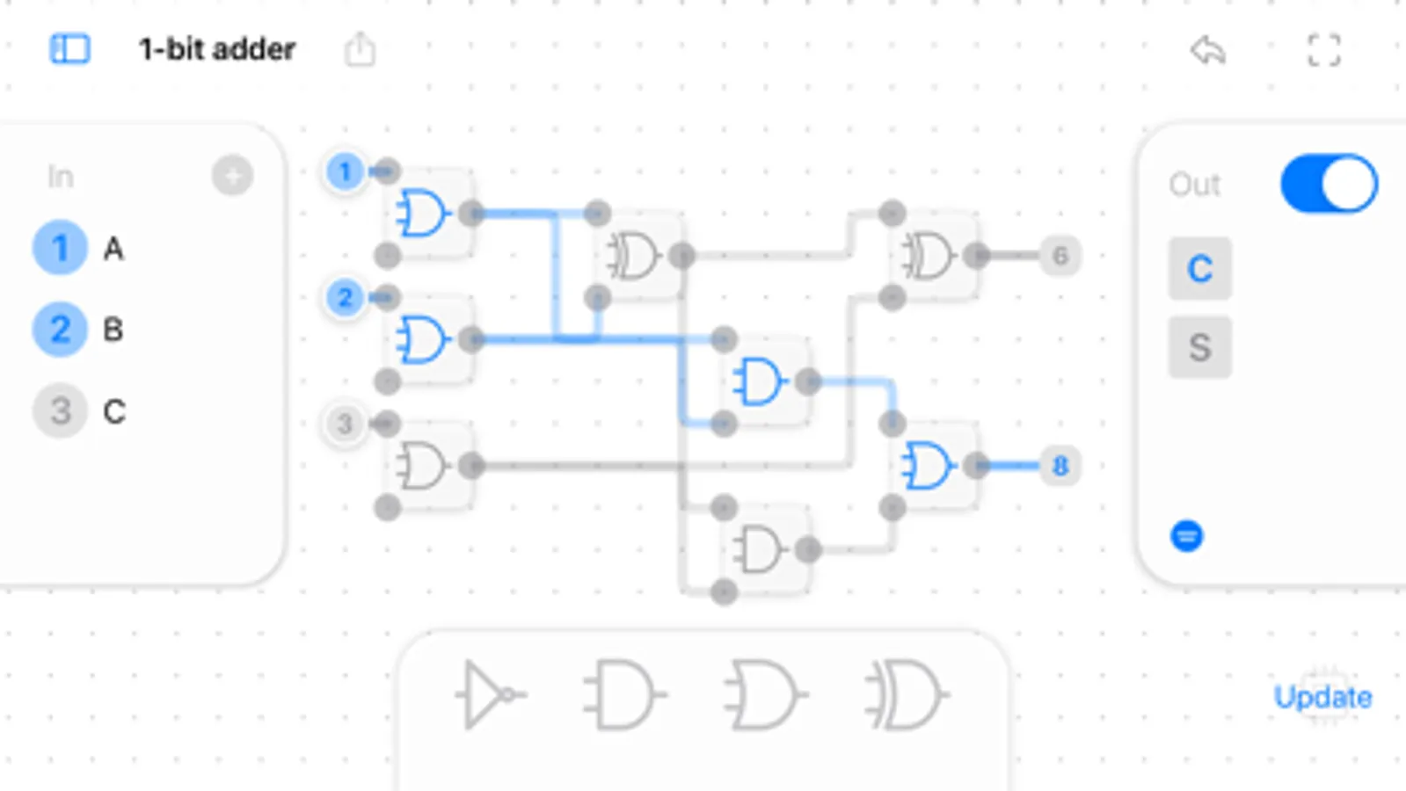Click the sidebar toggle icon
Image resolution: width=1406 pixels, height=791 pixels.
coord(69,49)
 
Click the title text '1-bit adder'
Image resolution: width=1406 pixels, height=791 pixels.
coord(216,49)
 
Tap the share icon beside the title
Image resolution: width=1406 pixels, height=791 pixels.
coord(359,49)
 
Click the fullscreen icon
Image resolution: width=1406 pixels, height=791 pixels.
coord(1323,50)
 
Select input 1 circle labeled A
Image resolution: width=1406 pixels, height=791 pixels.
coord(60,248)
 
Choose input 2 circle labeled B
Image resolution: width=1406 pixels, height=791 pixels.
coord(60,330)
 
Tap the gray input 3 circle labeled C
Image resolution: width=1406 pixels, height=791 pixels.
coord(60,410)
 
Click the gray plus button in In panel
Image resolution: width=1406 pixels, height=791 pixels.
coord(232,176)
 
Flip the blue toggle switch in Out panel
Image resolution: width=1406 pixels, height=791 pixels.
coord(1329,185)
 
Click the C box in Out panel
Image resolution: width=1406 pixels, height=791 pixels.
coord(1199,269)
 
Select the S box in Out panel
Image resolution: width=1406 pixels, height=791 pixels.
coord(1199,347)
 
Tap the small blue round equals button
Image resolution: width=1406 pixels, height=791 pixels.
coord(1186,535)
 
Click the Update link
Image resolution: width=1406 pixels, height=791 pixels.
coord(1322,697)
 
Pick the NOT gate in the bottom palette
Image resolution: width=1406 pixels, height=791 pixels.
coord(489,695)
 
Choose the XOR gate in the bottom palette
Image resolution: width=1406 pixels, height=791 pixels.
coord(906,695)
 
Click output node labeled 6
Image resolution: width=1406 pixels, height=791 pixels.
coord(1060,256)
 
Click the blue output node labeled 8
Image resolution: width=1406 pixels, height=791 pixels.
coord(1060,466)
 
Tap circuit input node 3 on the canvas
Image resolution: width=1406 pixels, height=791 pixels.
coord(345,424)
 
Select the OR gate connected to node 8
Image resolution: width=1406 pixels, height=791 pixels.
coord(929,466)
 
